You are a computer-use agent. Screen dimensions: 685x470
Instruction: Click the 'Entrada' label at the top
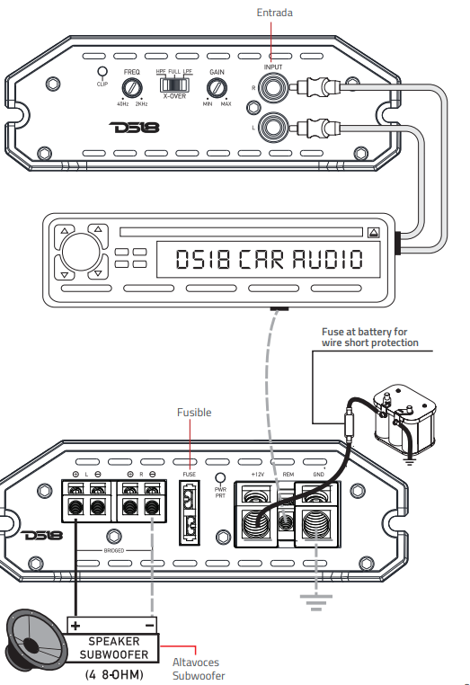pos(274,13)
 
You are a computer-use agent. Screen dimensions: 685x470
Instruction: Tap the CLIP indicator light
pos(102,72)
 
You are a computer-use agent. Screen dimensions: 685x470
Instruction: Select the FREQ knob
pos(132,87)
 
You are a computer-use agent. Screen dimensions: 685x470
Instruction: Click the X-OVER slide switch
pos(173,84)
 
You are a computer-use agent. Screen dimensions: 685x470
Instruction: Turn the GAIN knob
pos(217,87)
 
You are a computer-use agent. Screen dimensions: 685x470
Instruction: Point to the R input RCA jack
pos(272,87)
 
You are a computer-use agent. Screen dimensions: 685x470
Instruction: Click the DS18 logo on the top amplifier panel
pos(133,128)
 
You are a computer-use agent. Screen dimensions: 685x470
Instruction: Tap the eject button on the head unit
pos(373,232)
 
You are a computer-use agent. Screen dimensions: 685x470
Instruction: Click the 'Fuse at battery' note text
pos(370,337)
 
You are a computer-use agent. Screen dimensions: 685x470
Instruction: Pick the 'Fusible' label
pos(193,413)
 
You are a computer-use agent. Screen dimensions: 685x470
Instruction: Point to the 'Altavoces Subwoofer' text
pos(199,670)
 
